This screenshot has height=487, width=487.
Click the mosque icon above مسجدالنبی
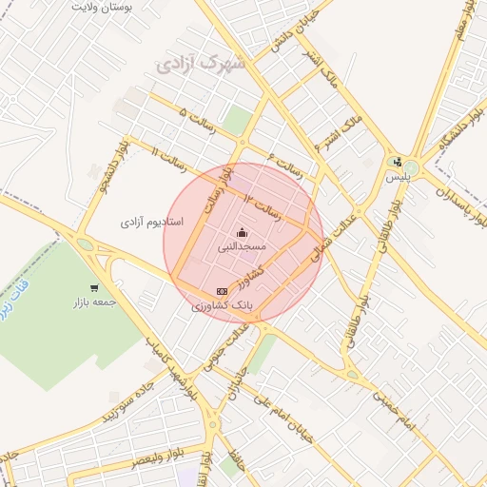point(242,232)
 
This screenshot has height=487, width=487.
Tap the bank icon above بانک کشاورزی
point(222,291)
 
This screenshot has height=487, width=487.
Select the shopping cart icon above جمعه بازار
point(93,288)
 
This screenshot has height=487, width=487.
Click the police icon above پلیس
point(397,162)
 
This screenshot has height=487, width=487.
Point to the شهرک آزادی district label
point(201,66)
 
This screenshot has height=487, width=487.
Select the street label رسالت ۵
point(198,121)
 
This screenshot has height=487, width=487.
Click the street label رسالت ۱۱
point(171,156)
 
